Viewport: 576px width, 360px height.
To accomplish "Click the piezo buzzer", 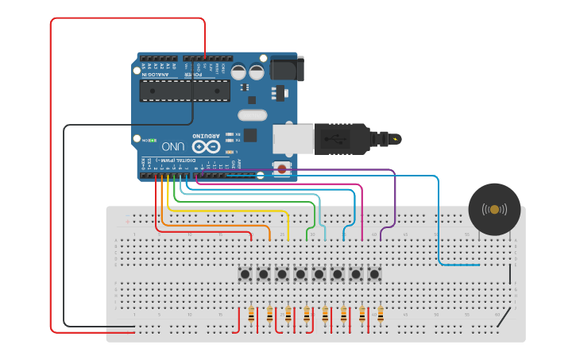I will pos(494,209).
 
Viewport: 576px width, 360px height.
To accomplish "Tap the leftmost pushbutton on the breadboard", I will pos(245,274).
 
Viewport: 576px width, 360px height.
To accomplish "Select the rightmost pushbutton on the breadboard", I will pos(374,274).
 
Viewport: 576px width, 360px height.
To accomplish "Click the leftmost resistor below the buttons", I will pos(252,315).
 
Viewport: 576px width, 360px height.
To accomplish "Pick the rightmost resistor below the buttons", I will pos(381,315).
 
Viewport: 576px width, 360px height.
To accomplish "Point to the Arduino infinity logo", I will pos(204,146).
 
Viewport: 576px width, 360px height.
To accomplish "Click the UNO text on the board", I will pos(173,147).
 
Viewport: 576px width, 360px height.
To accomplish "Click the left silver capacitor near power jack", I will pos(239,72).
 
